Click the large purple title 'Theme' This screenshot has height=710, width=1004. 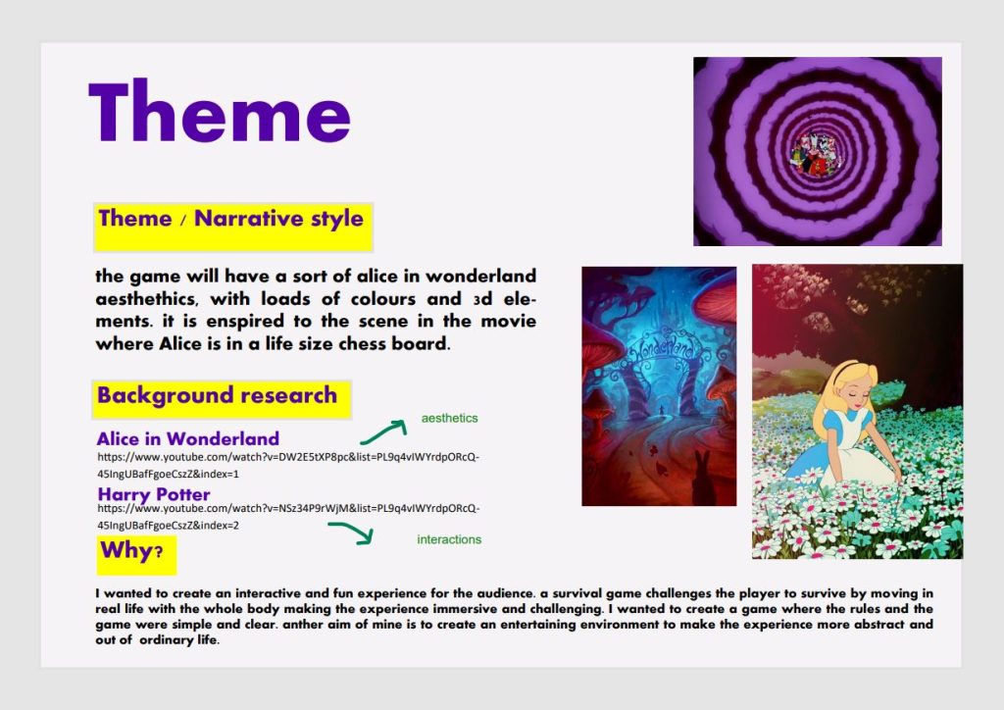219,112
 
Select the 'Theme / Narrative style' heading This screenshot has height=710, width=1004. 231,219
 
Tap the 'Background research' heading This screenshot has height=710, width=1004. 217,395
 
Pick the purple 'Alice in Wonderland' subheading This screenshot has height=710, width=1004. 187,438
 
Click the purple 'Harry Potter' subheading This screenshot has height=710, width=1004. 154,494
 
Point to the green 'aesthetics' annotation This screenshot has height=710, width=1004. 449,418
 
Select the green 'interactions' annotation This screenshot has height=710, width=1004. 449,539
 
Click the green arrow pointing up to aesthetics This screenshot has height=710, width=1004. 384,431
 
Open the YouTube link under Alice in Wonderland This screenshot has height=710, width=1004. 288,466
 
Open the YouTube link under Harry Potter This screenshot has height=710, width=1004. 288,517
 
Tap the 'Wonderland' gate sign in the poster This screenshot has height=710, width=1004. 662,346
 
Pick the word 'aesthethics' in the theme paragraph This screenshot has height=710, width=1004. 145,299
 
